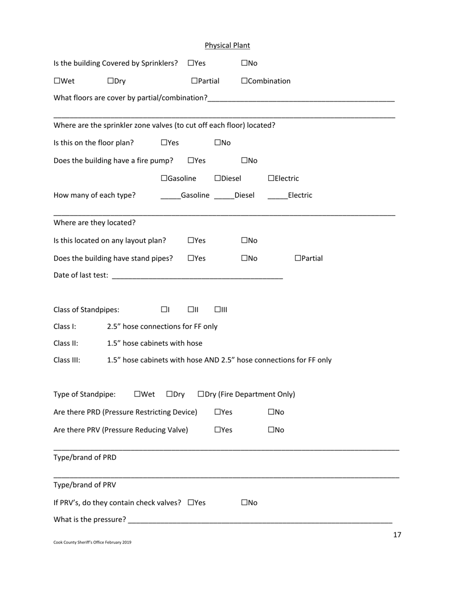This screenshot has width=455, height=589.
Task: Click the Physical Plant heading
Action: point(227,45)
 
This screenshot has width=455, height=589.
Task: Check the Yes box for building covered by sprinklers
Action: point(191,63)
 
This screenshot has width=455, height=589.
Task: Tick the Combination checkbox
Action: point(245,81)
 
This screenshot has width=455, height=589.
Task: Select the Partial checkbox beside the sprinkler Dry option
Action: point(194,81)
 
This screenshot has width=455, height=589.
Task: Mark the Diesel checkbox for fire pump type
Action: point(218,179)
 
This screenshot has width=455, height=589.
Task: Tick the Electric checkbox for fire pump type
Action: point(271,179)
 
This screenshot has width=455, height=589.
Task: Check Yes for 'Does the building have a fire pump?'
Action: point(191,160)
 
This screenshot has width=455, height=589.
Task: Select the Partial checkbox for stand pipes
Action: point(298,258)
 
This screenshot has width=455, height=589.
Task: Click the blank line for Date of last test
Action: point(197,276)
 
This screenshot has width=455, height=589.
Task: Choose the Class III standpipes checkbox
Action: point(218,310)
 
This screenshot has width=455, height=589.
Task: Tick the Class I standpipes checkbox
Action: point(164,310)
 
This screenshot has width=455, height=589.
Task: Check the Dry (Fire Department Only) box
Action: point(201,395)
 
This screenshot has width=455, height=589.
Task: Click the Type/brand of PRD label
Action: point(85,457)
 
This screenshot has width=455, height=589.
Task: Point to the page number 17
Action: point(397,535)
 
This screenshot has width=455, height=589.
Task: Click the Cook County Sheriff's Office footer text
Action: point(92,543)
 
